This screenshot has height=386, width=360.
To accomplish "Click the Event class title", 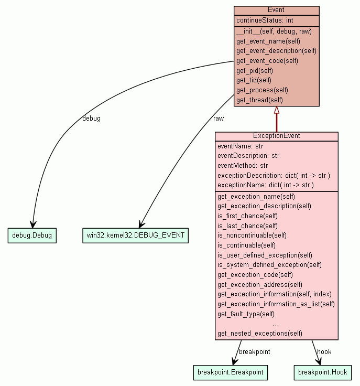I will click(x=276, y=10).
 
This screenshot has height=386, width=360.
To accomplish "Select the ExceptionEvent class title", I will click(x=276, y=136).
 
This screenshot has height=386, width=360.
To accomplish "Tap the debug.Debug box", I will click(x=32, y=235).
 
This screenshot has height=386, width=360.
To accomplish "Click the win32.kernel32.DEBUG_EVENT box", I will click(x=135, y=235).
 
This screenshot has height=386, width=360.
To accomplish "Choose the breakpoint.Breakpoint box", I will click(x=230, y=372).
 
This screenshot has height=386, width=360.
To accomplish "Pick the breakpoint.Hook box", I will click(x=322, y=372).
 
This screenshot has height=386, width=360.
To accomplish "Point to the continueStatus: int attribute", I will click(x=265, y=20).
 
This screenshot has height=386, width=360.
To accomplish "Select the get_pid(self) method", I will click(x=254, y=70).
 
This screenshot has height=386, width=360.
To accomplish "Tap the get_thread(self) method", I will click(x=259, y=100).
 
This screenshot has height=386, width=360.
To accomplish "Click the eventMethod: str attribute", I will click(x=243, y=166).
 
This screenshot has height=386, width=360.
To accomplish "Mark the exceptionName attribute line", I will click(x=265, y=185).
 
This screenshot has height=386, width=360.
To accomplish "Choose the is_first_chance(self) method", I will click(x=247, y=216).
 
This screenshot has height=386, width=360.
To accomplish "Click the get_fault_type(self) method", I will click(x=246, y=314).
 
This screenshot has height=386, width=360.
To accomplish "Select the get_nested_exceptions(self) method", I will click(x=259, y=334).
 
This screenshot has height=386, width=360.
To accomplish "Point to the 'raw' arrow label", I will click(x=219, y=119).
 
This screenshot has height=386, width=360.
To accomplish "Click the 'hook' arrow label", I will click(x=324, y=352).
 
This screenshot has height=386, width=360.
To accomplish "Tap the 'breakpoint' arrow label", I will click(x=255, y=352).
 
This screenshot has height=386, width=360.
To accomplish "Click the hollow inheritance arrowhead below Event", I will click(x=277, y=110).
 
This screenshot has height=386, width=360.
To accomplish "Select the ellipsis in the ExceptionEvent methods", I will click(x=276, y=324).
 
